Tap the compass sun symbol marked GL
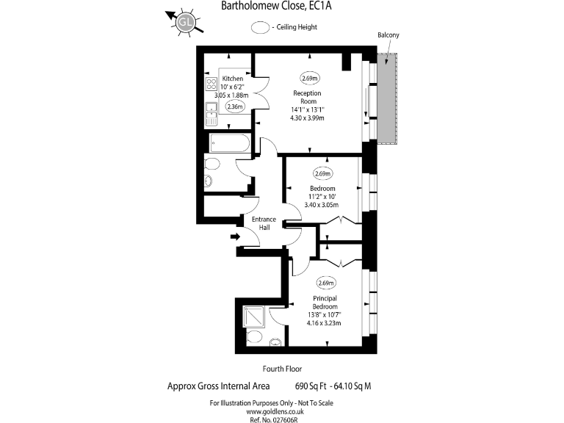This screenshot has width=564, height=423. coord(186,22)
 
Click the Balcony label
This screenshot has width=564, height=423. coord(388,35)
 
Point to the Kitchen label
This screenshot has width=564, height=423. coord(233,78)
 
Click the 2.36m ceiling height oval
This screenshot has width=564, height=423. coord(235,106)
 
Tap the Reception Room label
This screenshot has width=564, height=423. coord(307,98)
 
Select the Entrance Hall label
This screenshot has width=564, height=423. coord(264,223)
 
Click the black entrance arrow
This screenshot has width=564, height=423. coord(236,236)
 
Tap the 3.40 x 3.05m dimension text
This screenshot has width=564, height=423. coord(321,206)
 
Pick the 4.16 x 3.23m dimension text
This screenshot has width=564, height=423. coord(324,322)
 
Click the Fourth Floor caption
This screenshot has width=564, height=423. coord(282,369)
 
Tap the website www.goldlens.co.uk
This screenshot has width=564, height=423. coord(281,412)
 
